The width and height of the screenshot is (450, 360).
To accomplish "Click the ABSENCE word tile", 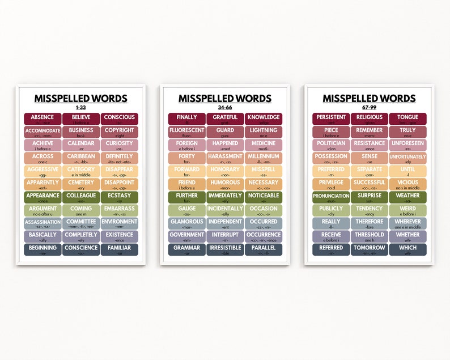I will tap(43, 119).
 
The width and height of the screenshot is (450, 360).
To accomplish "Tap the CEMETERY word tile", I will tap(81, 184).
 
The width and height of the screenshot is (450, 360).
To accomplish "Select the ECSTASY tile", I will tap(120, 197).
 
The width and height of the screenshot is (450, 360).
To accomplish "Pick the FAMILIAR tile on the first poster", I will tap(120, 249).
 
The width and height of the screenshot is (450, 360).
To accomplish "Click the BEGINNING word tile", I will tap(43, 249).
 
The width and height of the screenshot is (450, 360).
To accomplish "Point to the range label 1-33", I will tap(81, 107).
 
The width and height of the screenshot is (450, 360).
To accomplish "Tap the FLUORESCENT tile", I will tap(186, 132).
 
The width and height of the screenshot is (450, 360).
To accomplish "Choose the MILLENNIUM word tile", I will tap(264, 158).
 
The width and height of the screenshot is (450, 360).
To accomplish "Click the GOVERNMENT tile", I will tap(186, 236).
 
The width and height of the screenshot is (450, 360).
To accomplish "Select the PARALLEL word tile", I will tap(264, 249).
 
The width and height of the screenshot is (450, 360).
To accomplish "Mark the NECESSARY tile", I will tap(264, 184).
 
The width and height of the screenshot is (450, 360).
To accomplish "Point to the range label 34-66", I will tap(225, 107).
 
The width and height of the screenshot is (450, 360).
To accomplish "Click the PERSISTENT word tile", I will tap(331, 119).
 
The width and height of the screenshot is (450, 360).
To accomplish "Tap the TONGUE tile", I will tap(408, 119).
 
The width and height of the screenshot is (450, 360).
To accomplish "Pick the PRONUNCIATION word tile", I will tap(331, 197).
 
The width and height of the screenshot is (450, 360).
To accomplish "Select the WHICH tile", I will tap(408, 249).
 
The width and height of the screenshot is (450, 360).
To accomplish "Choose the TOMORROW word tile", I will tap(370, 249).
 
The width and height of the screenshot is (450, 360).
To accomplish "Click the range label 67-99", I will tap(370, 107).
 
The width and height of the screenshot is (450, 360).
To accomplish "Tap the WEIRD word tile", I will tap(408, 210).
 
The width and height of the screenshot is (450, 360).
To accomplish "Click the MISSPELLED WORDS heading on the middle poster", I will tap(225, 98).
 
